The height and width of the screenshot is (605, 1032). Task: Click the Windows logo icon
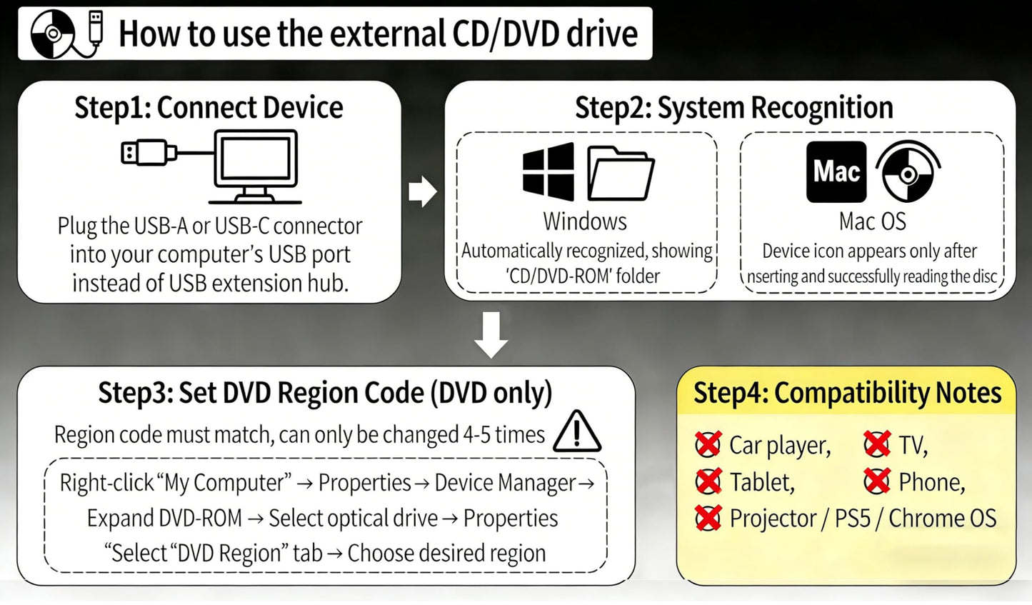tap(548, 171)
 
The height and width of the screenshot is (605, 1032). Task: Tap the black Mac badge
tap(836, 171)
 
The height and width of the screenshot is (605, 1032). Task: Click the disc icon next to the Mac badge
tap(908, 171)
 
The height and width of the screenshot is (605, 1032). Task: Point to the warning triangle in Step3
tap(577, 431)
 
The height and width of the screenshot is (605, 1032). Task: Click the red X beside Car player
tap(708, 444)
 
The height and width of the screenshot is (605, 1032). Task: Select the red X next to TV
tap(877, 444)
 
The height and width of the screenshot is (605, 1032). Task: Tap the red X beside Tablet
tap(708, 481)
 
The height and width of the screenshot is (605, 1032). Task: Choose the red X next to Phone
tap(877, 481)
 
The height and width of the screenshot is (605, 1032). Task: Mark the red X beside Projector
tap(708, 518)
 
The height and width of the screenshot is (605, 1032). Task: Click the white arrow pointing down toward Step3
tap(491, 335)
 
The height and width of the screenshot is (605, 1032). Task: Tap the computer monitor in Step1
tap(255, 166)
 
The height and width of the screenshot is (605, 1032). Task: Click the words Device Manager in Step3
tap(506, 483)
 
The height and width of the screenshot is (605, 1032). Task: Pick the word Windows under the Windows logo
tap(585, 221)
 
